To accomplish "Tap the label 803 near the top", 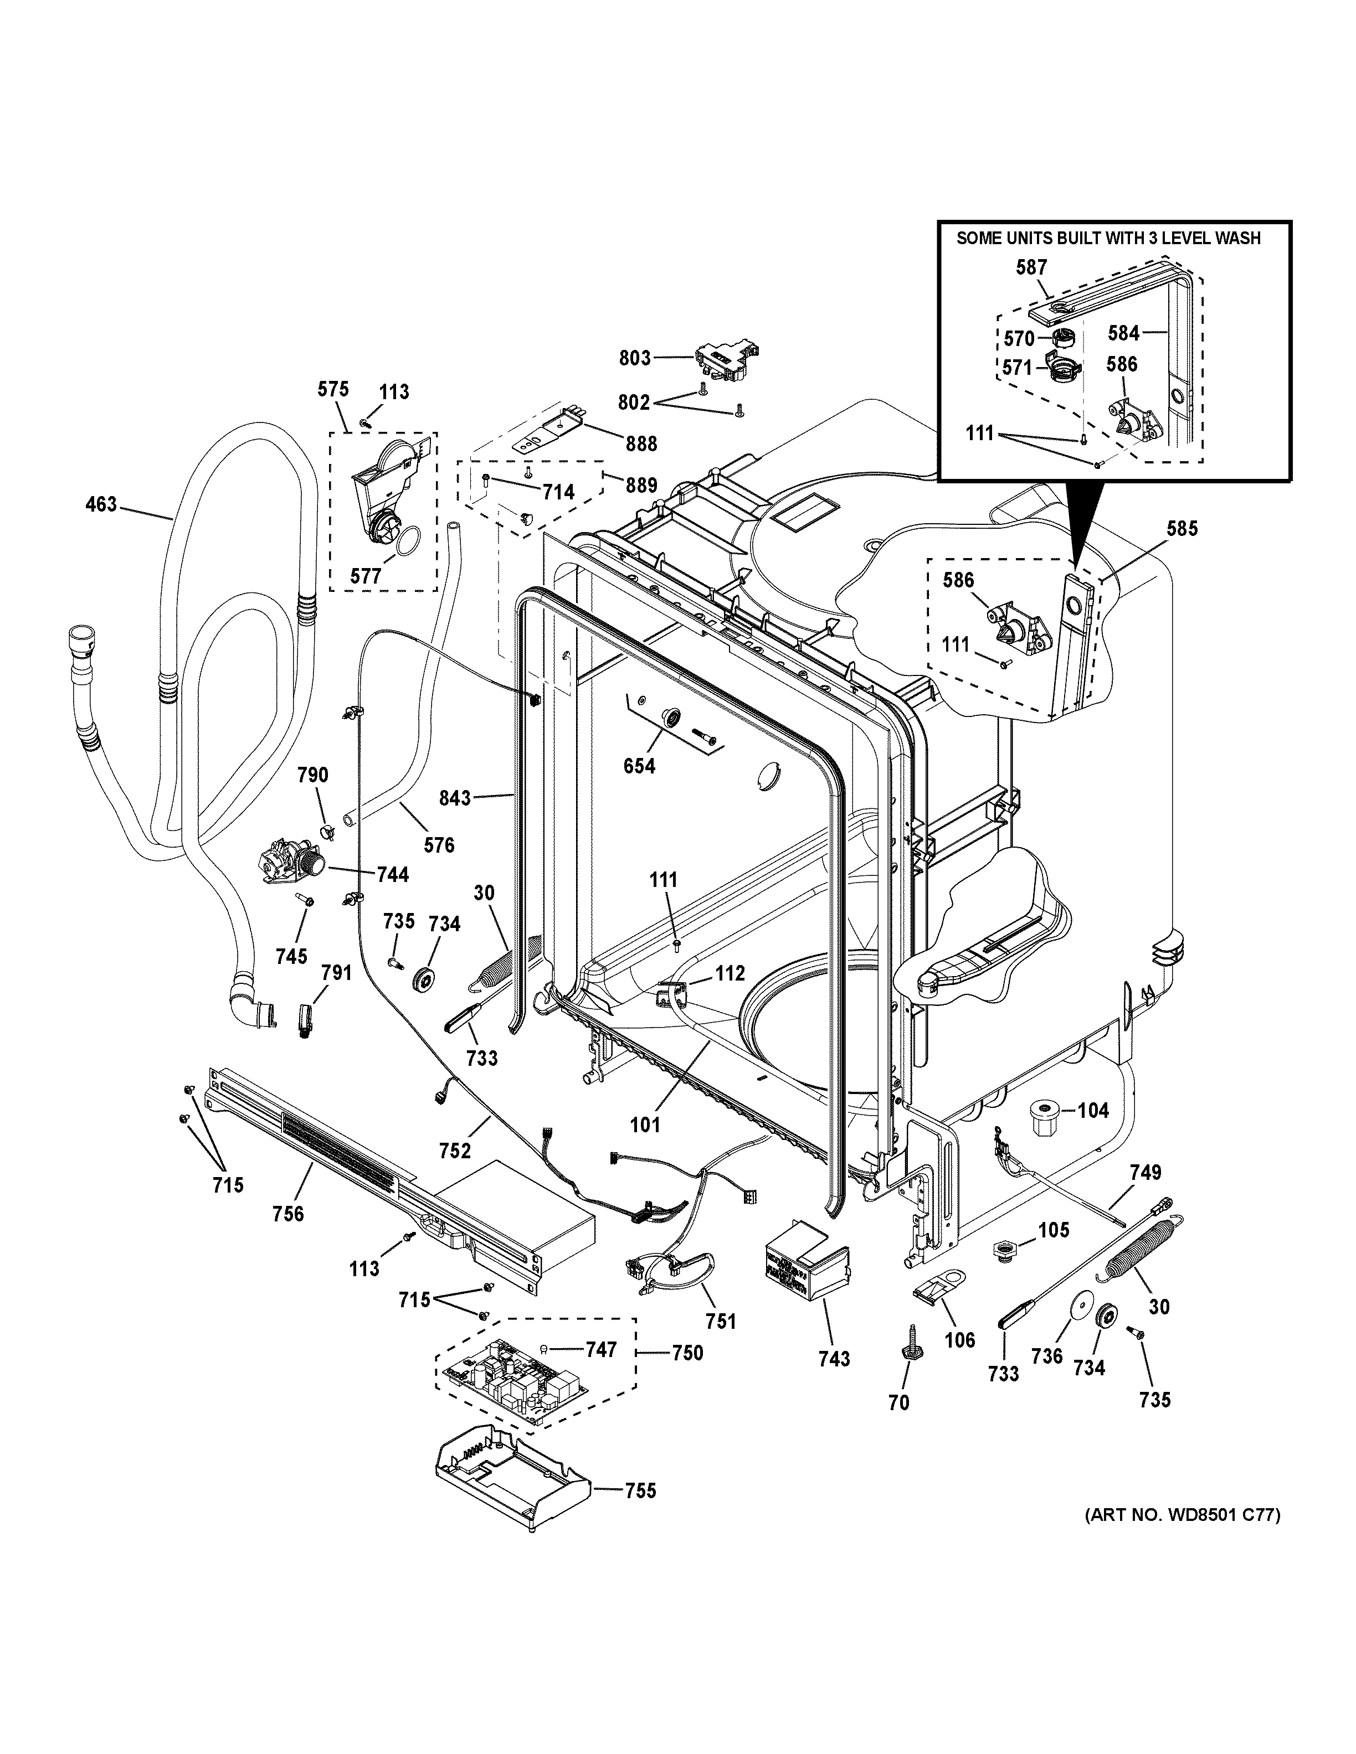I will pyautogui.click(x=635, y=358).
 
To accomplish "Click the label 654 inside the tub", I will pyautogui.click(x=639, y=766).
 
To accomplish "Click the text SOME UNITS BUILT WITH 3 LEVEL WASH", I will pyautogui.click(x=1108, y=239).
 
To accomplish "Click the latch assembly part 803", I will pyautogui.click(x=727, y=360).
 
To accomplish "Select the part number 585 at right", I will pyautogui.click(x=1182, y=528).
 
